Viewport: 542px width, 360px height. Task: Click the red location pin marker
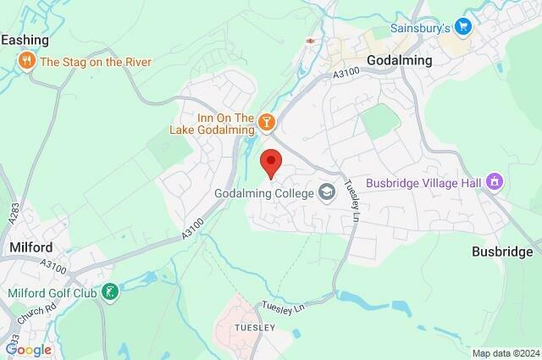(x=271, y=162)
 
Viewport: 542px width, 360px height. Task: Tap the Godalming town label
(x=400, y=61)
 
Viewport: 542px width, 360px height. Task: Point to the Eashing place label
(x=25, y=40)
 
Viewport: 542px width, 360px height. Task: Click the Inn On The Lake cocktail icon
(x=268, y=124)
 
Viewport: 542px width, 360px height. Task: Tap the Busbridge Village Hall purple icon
(x=496, y=182)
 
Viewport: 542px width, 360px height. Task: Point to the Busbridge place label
(x=506, y=252)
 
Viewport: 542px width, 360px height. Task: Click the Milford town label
(x=31, y=247)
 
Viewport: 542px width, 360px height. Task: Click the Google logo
(x=28, y=349)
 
